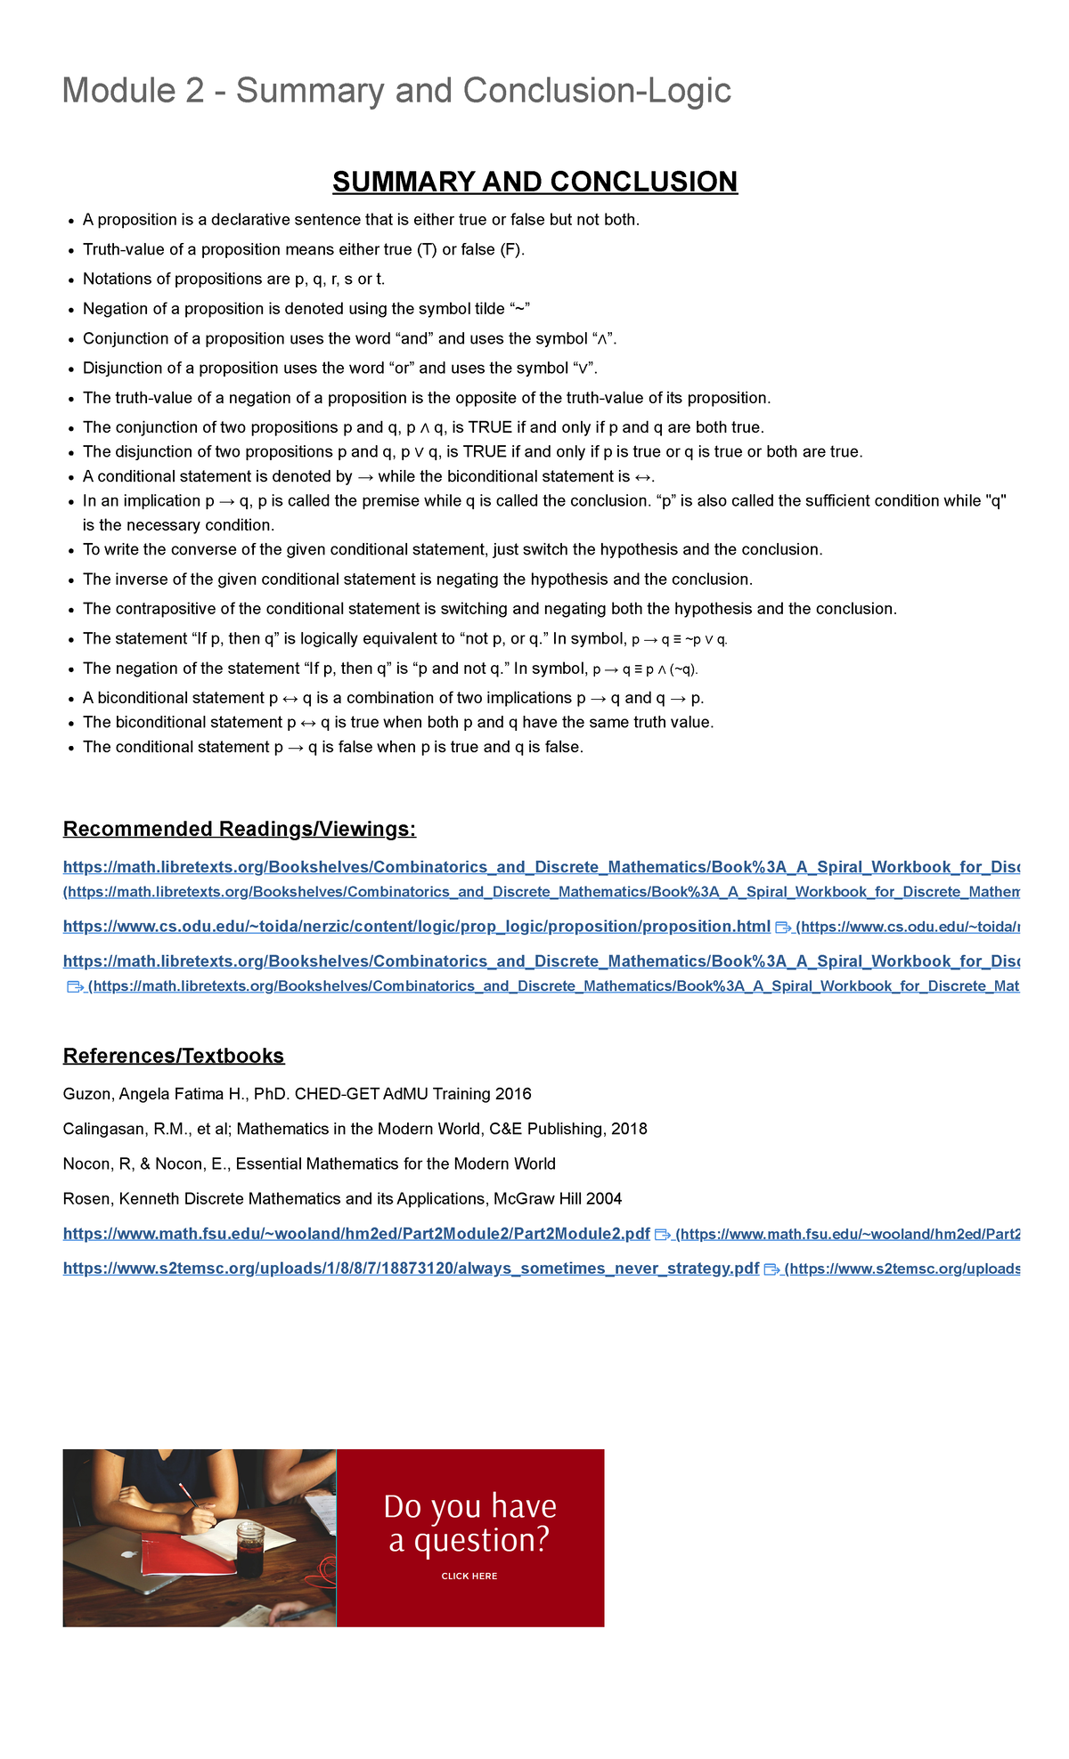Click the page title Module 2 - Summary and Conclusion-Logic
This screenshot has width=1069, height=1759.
click(x=396, y=91)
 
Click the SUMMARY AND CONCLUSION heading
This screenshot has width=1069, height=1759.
click(x=534, y=182)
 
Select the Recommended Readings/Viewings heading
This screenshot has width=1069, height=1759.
click(x=239, y=829)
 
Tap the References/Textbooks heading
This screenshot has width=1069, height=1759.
click(x=173, y=1056)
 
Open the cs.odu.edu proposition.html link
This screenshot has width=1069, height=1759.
click(x=416, y=927)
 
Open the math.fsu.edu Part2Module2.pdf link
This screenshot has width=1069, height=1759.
click(x=356, y=1234)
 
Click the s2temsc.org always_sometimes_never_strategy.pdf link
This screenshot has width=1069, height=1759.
click(x=411, y=1269)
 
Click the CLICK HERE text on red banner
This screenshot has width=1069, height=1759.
click(x=469, y=1576)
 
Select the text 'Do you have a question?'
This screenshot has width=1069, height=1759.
click(x=469, y=1523)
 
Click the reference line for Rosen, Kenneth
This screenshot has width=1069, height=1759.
click(x=342, y=1199)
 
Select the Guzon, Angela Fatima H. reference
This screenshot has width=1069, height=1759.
click(x=297, y=1094)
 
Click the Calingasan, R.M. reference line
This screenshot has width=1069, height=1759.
click(x=355, y=1129)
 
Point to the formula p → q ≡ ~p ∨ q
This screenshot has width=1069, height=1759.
click(x=679, y=639)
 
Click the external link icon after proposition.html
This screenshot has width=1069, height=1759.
click(x=783, y=928)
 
